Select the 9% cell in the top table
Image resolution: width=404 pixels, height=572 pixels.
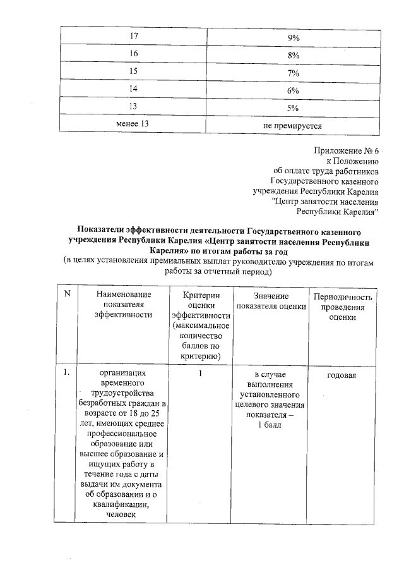coord(292,38)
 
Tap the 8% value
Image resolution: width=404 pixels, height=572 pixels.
coord(292,56)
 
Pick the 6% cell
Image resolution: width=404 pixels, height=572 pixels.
coord(292,90)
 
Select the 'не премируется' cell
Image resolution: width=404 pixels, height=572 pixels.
coord(292,126)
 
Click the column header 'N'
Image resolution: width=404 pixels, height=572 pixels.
coord(67,296)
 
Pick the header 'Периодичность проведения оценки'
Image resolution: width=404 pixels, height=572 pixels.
coord(343,307)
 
